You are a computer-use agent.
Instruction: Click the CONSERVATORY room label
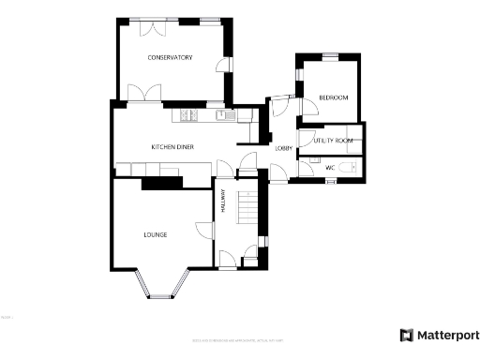tap(170, 58)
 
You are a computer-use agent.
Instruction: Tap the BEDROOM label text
tap(333, 98)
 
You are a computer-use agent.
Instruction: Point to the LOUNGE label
tap(156, 234)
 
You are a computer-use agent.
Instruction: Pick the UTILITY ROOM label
tap(333, 140)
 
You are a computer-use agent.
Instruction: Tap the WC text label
tap(329, 168)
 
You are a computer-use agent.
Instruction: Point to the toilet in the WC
tap(349, 167)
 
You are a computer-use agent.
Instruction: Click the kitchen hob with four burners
tap(188, 115)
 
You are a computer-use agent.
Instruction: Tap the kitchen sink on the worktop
tap(225, 115)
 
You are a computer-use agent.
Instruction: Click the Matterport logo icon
tap(406, 336)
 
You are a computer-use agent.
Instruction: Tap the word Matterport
tap(447, 336)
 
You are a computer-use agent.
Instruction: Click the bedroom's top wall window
tap(330, 56)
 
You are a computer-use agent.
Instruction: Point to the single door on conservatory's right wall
tap(222, 67)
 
